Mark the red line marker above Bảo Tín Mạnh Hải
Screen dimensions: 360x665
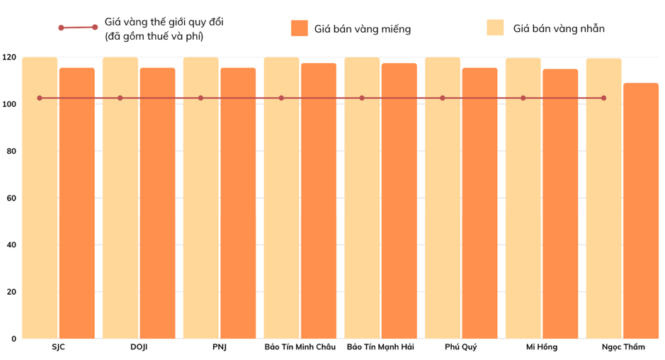click(362, 98)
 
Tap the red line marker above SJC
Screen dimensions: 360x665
click(40, 98)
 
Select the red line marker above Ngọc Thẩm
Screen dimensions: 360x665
click(604, 98)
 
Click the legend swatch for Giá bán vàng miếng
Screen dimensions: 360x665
click(300, 28)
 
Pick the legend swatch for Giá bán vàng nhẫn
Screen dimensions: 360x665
click(495, 28)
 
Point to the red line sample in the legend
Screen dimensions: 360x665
click(78, 28)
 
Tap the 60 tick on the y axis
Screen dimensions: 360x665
click(11, 198)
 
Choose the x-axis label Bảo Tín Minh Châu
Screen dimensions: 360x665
click(300, 347)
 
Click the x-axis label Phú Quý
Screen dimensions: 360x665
click(461, 347)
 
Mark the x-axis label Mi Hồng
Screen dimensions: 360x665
click(542, 347)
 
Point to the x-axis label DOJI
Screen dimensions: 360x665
click(139, 347)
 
